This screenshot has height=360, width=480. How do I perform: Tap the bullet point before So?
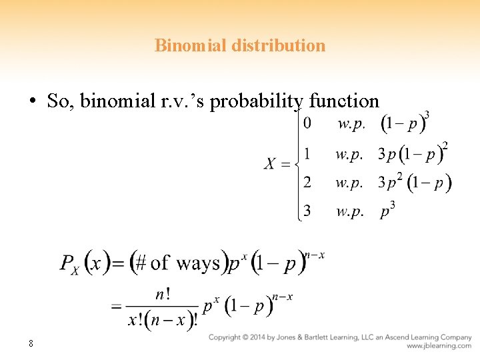32,101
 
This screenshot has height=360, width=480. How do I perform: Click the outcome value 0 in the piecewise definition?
307,123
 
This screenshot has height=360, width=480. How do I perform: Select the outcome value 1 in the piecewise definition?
307,154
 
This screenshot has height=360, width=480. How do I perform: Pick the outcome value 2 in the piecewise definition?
307,182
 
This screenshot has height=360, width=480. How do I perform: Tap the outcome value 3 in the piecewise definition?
307,211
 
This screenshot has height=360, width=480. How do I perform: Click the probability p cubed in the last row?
387,211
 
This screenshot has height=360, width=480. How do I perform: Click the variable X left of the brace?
270,164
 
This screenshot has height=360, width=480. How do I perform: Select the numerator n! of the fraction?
163,294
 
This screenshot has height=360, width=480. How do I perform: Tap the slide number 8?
31,343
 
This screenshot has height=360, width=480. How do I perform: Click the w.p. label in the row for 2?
349,182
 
